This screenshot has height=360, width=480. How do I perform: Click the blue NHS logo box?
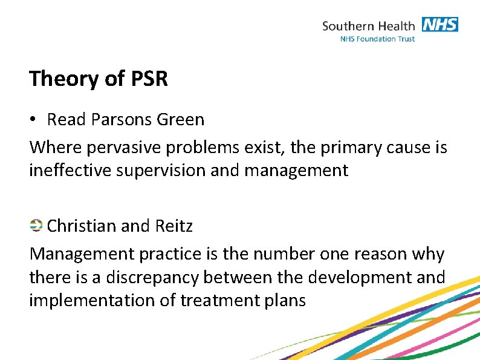pyautogui.click(x=439, y=25)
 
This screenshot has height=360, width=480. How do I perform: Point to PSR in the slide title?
pyautogui.click(x=149, y=79)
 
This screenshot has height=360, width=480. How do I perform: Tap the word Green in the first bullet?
pyautogui.click(x=180, y=120)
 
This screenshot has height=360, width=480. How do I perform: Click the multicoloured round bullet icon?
pyautogui.click(x=36, y=226)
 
